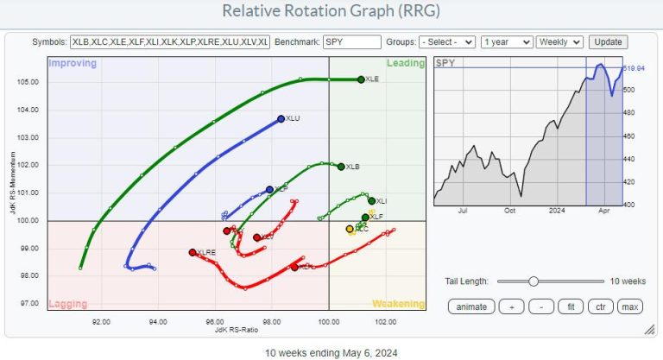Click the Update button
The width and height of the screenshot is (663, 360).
point(608,41)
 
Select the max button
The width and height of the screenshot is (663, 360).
point(629,306)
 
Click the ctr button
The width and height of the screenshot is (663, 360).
point(599,306)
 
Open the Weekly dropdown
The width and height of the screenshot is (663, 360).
point(559,41)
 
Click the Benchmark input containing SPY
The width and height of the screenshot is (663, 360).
point(352,41)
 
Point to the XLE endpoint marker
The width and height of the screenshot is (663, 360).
point(360,79)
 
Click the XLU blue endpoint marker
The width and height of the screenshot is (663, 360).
point(281,118)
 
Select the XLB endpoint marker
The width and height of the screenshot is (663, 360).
point(341,167)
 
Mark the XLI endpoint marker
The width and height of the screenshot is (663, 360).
point(371,200)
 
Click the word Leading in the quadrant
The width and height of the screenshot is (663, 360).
point(405,63)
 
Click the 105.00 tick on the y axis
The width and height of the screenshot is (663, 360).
point(29,82)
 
